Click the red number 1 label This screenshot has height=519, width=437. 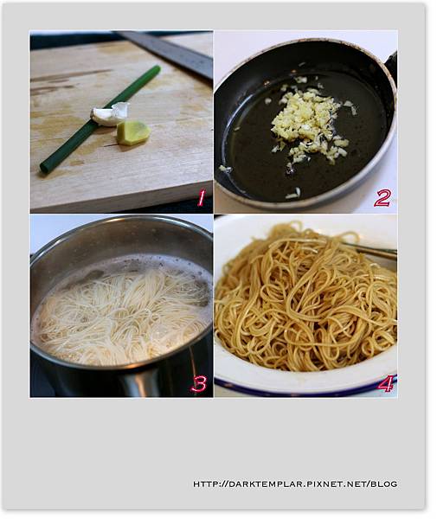click(x=201, y=199)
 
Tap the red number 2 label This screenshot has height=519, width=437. click(x=382, y=199)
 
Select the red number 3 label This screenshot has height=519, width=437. click(x=199, y=384)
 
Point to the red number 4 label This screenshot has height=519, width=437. click(x=386, y=383)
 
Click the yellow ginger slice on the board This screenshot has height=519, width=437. click(x=133, y=132)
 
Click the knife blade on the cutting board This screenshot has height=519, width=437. click(x=165, y=53)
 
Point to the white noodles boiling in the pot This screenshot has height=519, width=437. click(x=123, y=315)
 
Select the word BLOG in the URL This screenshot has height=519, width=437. click(x=383, y=484)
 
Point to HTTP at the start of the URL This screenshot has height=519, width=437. click(x=205, y=484)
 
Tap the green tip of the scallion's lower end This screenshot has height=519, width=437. click(x=43, y=169)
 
